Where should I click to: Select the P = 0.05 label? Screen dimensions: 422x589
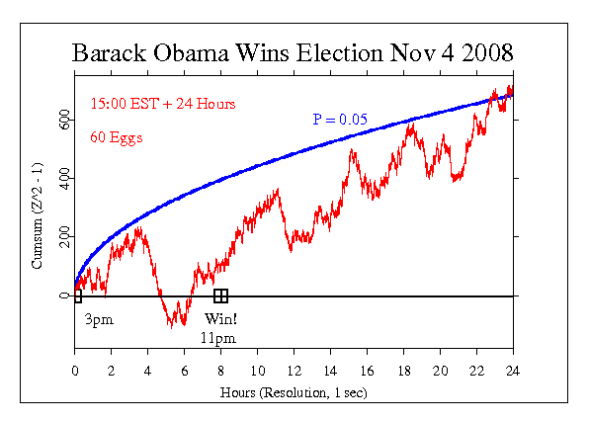click(341, 120)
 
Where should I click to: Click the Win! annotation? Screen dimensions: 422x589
click(221, 319)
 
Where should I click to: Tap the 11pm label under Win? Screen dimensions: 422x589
click(220, 338)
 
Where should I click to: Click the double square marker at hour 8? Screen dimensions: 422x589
click(221, 295)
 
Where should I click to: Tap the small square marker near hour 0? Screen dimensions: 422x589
click(77, 295)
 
